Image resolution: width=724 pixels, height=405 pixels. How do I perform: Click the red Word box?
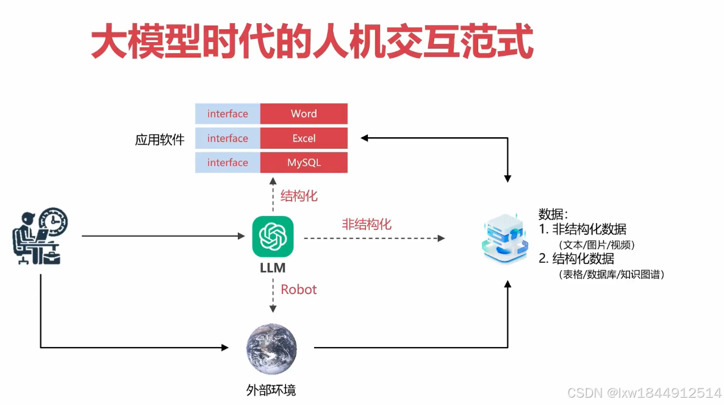[304, 114]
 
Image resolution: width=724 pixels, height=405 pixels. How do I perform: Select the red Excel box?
[304, 138]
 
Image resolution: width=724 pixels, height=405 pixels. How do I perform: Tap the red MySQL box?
[304, 163]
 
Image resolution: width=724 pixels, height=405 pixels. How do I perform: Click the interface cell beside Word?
[228, 114]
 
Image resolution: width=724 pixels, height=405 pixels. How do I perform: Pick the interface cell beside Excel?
[228, 138]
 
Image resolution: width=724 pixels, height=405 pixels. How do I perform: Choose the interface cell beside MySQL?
[228, 163]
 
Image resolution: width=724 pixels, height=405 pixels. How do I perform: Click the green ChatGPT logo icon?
[273, 237]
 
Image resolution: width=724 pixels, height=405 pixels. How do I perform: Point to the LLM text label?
[273, 268]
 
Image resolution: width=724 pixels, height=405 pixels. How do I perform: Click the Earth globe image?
[271, 349]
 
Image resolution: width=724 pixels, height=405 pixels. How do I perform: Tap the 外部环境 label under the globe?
[271, 390]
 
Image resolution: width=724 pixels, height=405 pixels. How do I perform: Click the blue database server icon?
[505, 238]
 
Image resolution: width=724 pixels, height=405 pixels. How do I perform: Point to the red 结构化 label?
[299, 196]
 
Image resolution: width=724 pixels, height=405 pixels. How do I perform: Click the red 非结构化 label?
[366, 224]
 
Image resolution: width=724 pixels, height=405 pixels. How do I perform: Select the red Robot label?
[299, 290]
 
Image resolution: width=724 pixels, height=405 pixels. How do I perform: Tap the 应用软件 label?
[160, 140]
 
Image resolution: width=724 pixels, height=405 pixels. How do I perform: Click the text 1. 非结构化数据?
[582, 229]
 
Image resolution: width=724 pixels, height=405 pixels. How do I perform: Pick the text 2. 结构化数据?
[576, 259]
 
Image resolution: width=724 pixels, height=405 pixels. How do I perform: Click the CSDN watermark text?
[644, 392]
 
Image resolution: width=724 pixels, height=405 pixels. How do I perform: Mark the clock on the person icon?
[54, 221]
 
